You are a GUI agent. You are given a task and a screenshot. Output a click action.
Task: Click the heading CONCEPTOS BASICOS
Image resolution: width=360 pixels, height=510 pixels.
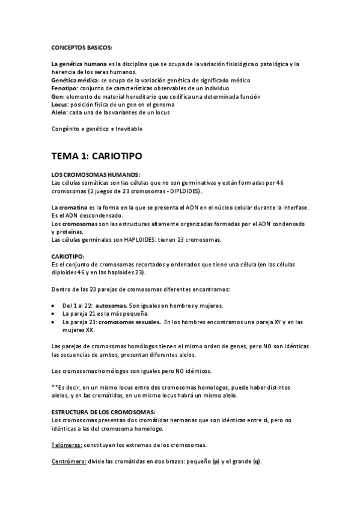81,48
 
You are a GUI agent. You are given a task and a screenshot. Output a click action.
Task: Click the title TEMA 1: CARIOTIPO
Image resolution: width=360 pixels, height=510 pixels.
96,155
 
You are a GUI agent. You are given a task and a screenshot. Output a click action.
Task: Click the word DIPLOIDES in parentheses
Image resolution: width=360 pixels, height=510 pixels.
183,191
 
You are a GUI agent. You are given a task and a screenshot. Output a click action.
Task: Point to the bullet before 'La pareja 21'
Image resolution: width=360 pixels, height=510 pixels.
55,313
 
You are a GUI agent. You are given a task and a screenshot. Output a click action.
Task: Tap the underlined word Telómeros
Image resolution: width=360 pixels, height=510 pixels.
68,444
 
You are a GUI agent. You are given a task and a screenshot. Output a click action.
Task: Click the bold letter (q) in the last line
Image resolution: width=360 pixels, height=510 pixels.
257,461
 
